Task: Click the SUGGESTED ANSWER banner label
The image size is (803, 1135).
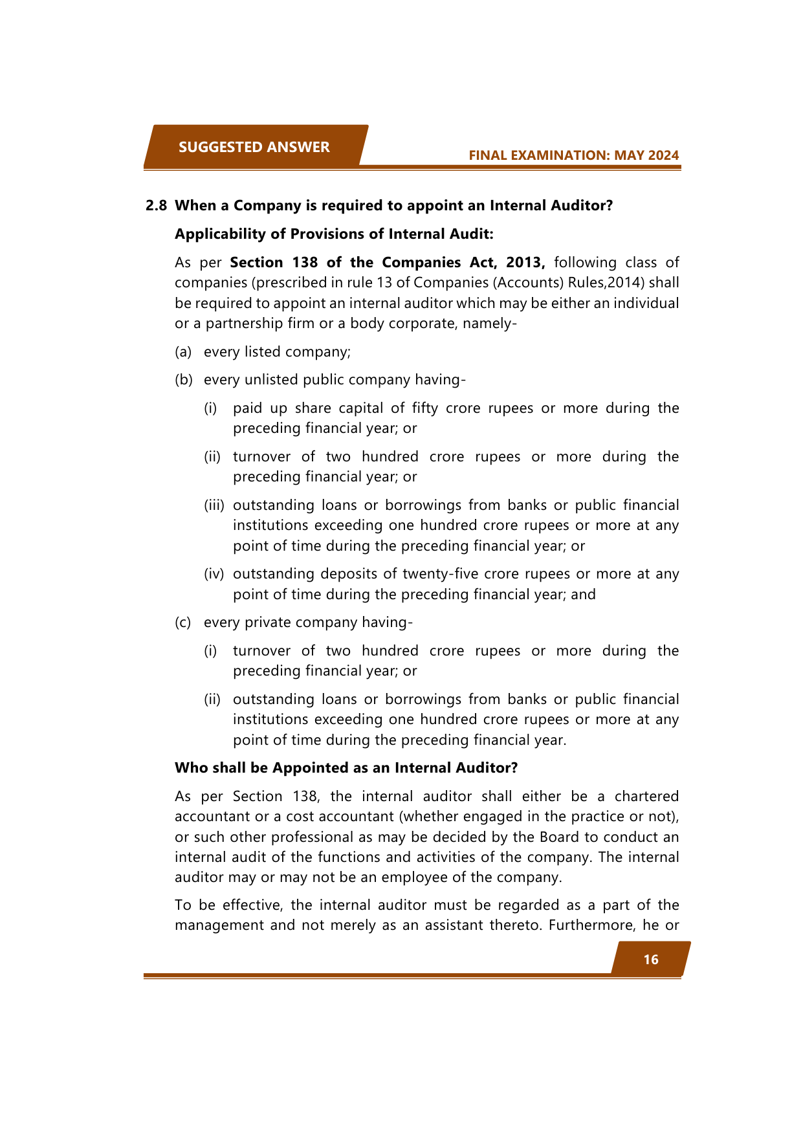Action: [x=254, y=147]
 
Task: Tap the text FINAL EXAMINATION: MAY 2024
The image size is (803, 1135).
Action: [x=573, y=155]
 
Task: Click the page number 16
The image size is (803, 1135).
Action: [x=650, y=960]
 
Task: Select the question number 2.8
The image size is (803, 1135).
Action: [x=156, y=206]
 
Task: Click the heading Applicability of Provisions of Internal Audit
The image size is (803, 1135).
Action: [x=334, y=234]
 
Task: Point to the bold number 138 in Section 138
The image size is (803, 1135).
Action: [x=305, y=263]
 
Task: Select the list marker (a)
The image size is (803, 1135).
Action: [x=183, y=352]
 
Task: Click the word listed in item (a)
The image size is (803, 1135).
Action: [x=261, y=352]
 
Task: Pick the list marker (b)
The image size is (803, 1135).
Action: [x=184, y=380]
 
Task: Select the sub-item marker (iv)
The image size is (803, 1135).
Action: [x=214, y=574]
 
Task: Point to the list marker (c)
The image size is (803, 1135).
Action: [x=183, y=623]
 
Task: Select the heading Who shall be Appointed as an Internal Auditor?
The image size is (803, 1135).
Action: [x=346, y=768]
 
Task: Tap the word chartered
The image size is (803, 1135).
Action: [x=646, y=797]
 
